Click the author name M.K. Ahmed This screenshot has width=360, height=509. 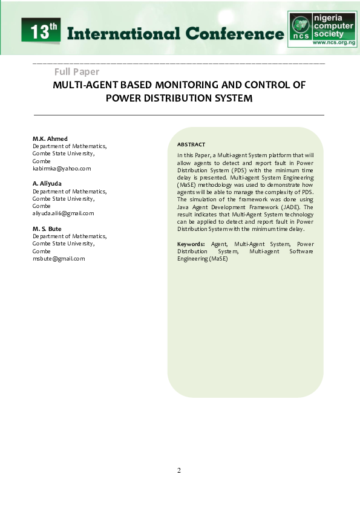click(x=50, y=138)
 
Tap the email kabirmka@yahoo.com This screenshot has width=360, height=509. click(x=61, y=169)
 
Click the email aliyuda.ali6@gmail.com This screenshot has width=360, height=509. click(x=63, y=213)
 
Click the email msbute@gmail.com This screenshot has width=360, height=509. click(x=59, y=259)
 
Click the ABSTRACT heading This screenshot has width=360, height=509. click(x=191, y=144)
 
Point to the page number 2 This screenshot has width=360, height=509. click(x=179, y=471)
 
